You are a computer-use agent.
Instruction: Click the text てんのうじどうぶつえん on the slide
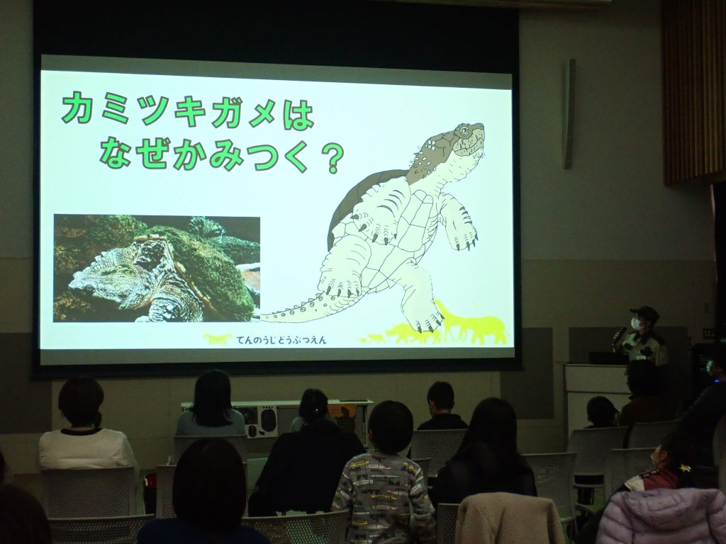coord(281,340)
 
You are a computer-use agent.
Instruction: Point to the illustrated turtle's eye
coord(464,131)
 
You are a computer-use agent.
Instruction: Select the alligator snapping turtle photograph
coord(157,268)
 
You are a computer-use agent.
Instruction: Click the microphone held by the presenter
coord(618,335)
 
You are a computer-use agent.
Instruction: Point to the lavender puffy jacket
coord(663,516)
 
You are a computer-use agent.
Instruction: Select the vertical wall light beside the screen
coord(569,114)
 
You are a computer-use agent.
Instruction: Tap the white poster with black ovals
coord(261,421)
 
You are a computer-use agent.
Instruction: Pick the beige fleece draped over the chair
coord(508,519)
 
